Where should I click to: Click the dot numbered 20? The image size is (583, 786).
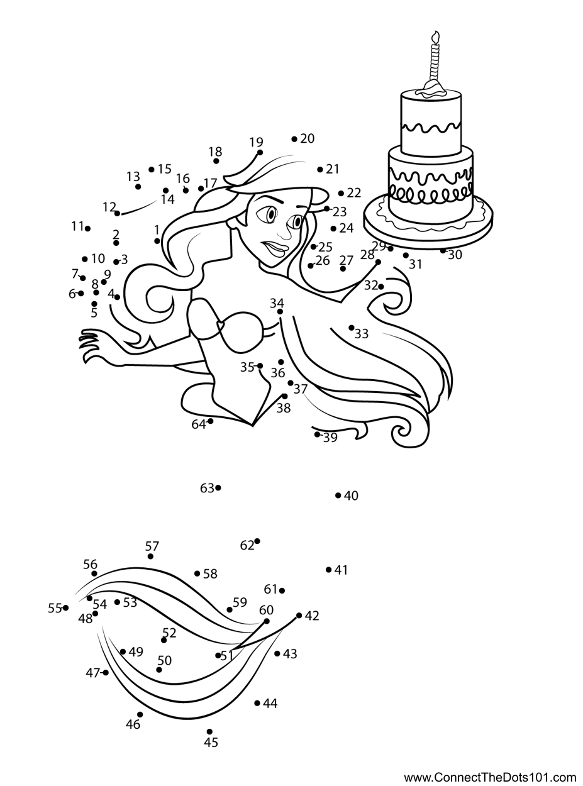click(x=294, y=139)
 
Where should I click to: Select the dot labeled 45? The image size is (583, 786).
click(x=209, y=731)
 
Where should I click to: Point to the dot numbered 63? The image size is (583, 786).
click(x=218, y=487)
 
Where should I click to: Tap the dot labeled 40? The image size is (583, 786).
click(x=338, y=495)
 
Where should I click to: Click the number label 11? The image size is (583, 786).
click(x=77, y=226)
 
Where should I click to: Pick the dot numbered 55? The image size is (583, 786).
click(x=65, y=607)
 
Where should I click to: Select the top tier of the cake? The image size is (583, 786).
click(x=431, y=123)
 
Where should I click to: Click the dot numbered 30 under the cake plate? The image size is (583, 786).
click(x=443, y=250)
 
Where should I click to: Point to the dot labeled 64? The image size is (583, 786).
click(x=210, y=421)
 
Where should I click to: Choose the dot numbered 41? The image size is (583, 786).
click(x=329, y=570)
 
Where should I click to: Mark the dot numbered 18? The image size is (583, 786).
click(x=216, y=162)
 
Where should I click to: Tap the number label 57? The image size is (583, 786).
click(x=152, y=546)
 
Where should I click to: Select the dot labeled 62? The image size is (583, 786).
click(x=257, y=541)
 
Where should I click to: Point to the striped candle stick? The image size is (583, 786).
click(x=433, y=63)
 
